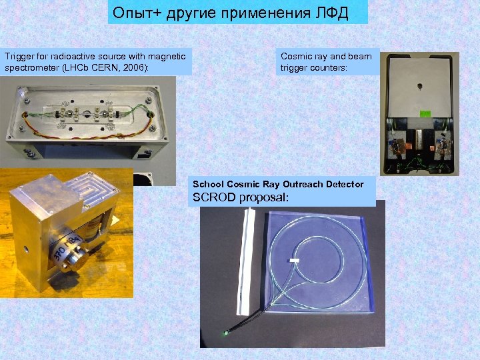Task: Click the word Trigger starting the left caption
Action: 18,57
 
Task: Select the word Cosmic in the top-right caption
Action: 295,57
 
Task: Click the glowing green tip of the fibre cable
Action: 227,332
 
